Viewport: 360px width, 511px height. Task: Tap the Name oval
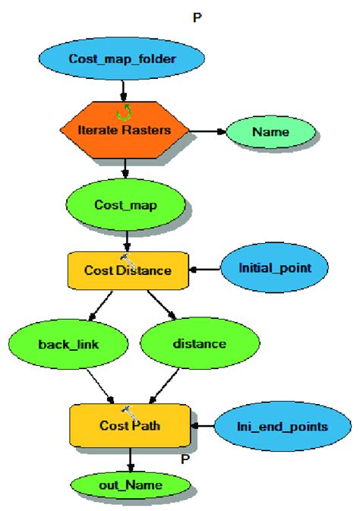coord(271,131)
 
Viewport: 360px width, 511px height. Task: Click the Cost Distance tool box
coord(128,270)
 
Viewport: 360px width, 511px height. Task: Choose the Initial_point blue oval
coord(273,268)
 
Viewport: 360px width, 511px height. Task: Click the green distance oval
coord(200,343)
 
